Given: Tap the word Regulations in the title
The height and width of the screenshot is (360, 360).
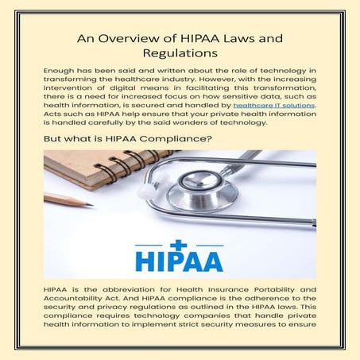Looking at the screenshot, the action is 180,54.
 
